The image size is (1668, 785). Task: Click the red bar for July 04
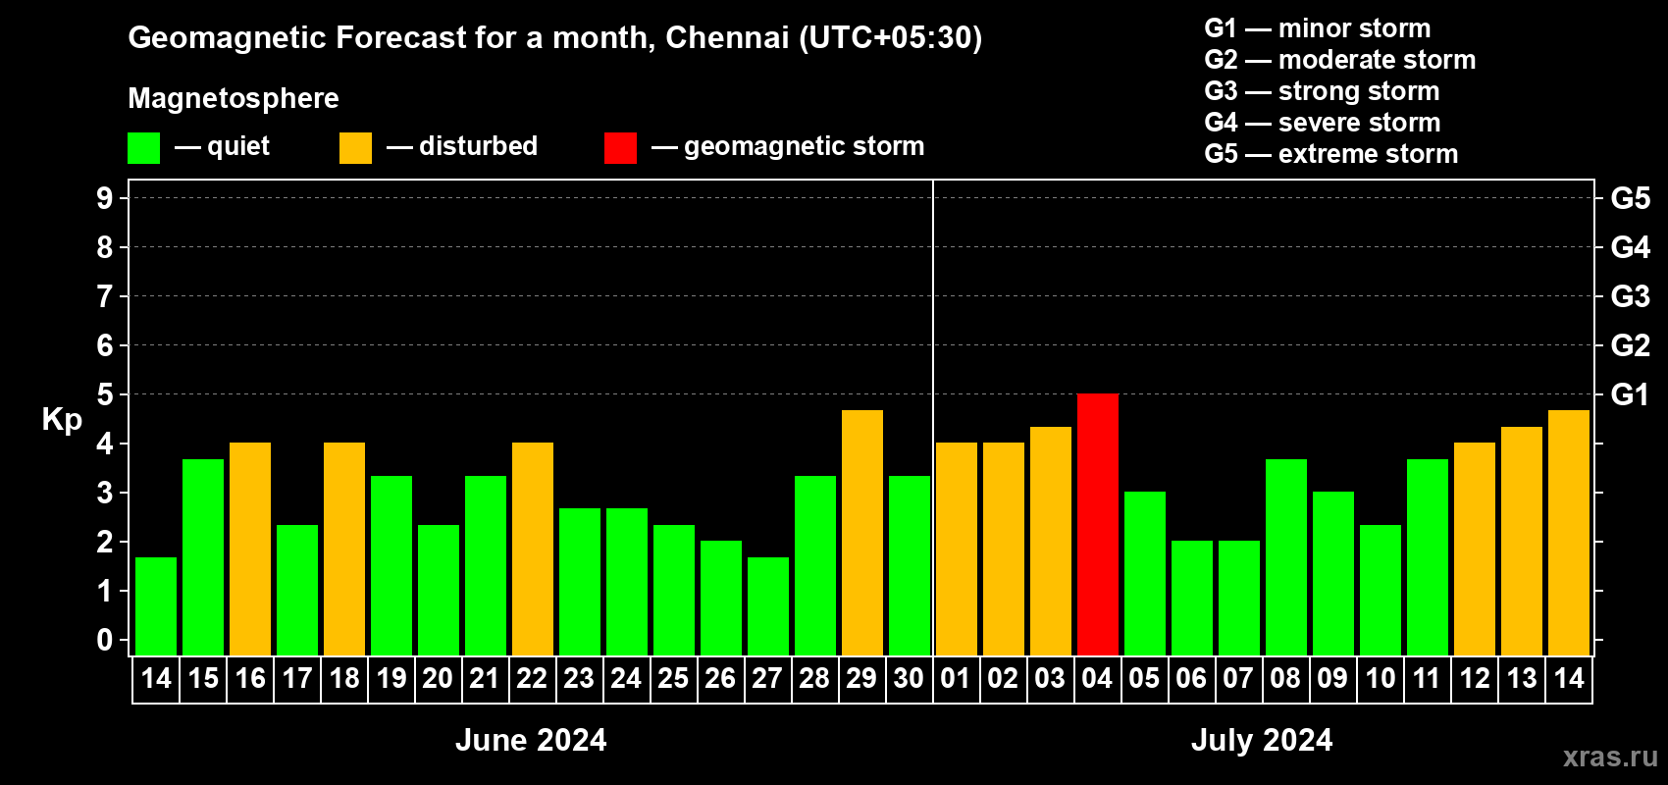(1097, 524)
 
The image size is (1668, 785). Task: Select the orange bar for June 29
(861, 532)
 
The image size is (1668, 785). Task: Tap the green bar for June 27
(767, 605)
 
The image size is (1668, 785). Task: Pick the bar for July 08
(1285, 556)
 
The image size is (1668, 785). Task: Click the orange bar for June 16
(249, 549)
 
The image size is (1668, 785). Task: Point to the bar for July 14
(1568, 532)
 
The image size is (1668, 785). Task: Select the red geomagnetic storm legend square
(620, 148)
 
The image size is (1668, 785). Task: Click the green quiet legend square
(143, 148)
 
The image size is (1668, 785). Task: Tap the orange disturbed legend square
(355, 148)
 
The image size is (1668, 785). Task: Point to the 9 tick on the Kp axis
(105, 198)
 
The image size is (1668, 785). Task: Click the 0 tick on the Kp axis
(105, 640)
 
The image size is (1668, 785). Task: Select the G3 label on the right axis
(1630, 296)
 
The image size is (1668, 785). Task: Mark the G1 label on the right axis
(1630, 394)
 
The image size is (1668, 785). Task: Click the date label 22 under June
(532, 678)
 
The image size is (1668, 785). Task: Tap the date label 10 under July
(1380, 678)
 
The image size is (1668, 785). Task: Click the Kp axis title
(62, 419)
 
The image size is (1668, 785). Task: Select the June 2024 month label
(531, 740)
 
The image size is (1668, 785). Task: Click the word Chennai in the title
(727, 37)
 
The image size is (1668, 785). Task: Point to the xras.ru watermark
(1610, 757)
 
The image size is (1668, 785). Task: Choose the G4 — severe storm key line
(1322, 123)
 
